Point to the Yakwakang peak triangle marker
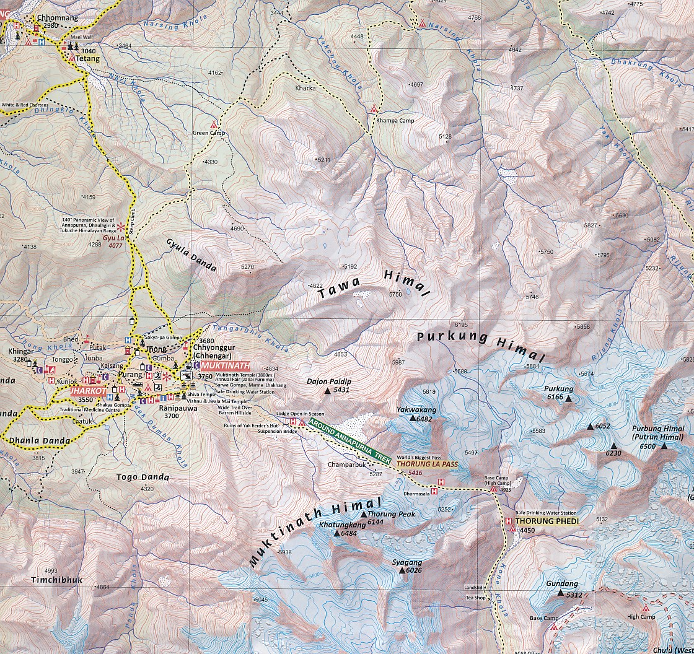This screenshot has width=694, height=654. tap(413, 419)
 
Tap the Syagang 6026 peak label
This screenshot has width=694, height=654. tap(407, 566)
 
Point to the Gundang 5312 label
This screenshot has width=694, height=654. tap(563, 588)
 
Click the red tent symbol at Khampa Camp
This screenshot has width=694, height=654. tap(374, 110)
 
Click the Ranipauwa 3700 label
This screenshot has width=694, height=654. tap(159, 412)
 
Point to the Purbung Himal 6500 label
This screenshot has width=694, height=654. tap(658, 432)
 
